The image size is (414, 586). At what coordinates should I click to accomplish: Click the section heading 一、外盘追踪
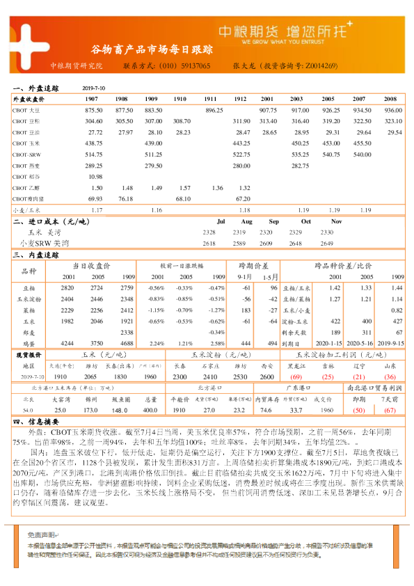click(35, 89)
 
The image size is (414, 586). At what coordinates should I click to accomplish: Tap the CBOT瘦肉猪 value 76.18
click(125, 198)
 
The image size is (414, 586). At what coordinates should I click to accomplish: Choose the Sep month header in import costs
click(274, 221)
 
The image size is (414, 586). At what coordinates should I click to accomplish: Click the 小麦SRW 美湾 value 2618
click(209, 244)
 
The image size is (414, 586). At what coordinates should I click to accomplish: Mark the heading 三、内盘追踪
click(35, 255)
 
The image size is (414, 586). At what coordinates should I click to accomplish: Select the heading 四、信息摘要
click(35, 421)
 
